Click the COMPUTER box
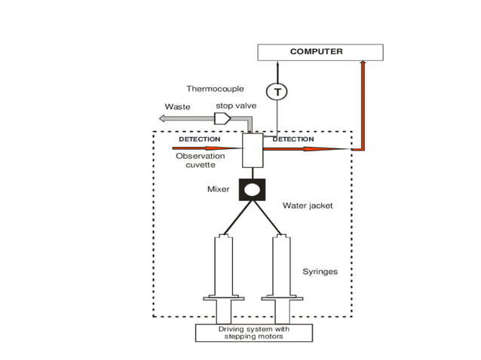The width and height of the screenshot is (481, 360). click(320, 52)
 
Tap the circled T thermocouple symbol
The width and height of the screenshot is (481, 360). click(277, 92)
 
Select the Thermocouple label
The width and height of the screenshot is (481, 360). click(215, 89)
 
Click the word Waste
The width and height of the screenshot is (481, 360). click(177, 107)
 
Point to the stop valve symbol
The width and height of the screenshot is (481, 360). click(223, 119)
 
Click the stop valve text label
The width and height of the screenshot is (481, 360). click(236, 106)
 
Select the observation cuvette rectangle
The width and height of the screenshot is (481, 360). click(252, 151)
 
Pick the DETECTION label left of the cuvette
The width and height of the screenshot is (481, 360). click(199, 139)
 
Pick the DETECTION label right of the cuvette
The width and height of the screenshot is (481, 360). click(293, 139)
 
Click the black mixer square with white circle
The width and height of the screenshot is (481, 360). click(252, 189)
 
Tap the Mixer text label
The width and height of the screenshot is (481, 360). click(218, 189)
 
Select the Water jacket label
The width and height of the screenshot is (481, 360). click(307, 205)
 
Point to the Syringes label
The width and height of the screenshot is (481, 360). click(320, 271)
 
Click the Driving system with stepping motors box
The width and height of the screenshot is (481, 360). click(254, 333)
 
